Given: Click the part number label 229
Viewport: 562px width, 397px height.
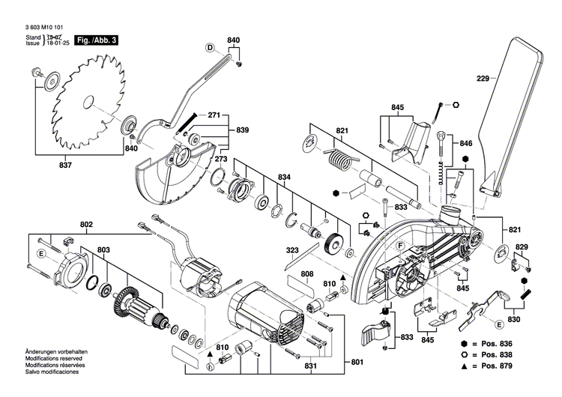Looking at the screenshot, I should (x=483, y=78).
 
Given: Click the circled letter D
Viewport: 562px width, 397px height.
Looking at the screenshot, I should (x=211, y=48).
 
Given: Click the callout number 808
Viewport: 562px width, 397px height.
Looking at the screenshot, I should (x=307, y=274).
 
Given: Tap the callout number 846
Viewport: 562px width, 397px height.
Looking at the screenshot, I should (x=466, y=143).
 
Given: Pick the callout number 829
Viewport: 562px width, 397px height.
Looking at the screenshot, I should (x=521, y=247).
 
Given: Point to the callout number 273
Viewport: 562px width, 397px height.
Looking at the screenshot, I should (x=201, y=159).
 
